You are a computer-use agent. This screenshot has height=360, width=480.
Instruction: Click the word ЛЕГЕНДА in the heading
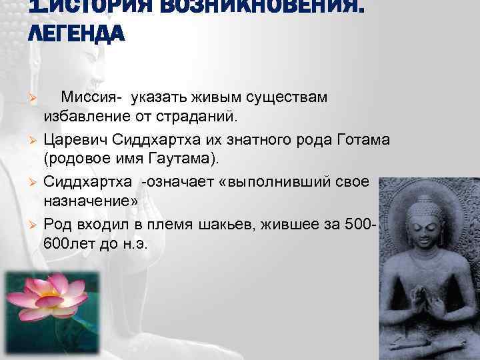75,32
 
